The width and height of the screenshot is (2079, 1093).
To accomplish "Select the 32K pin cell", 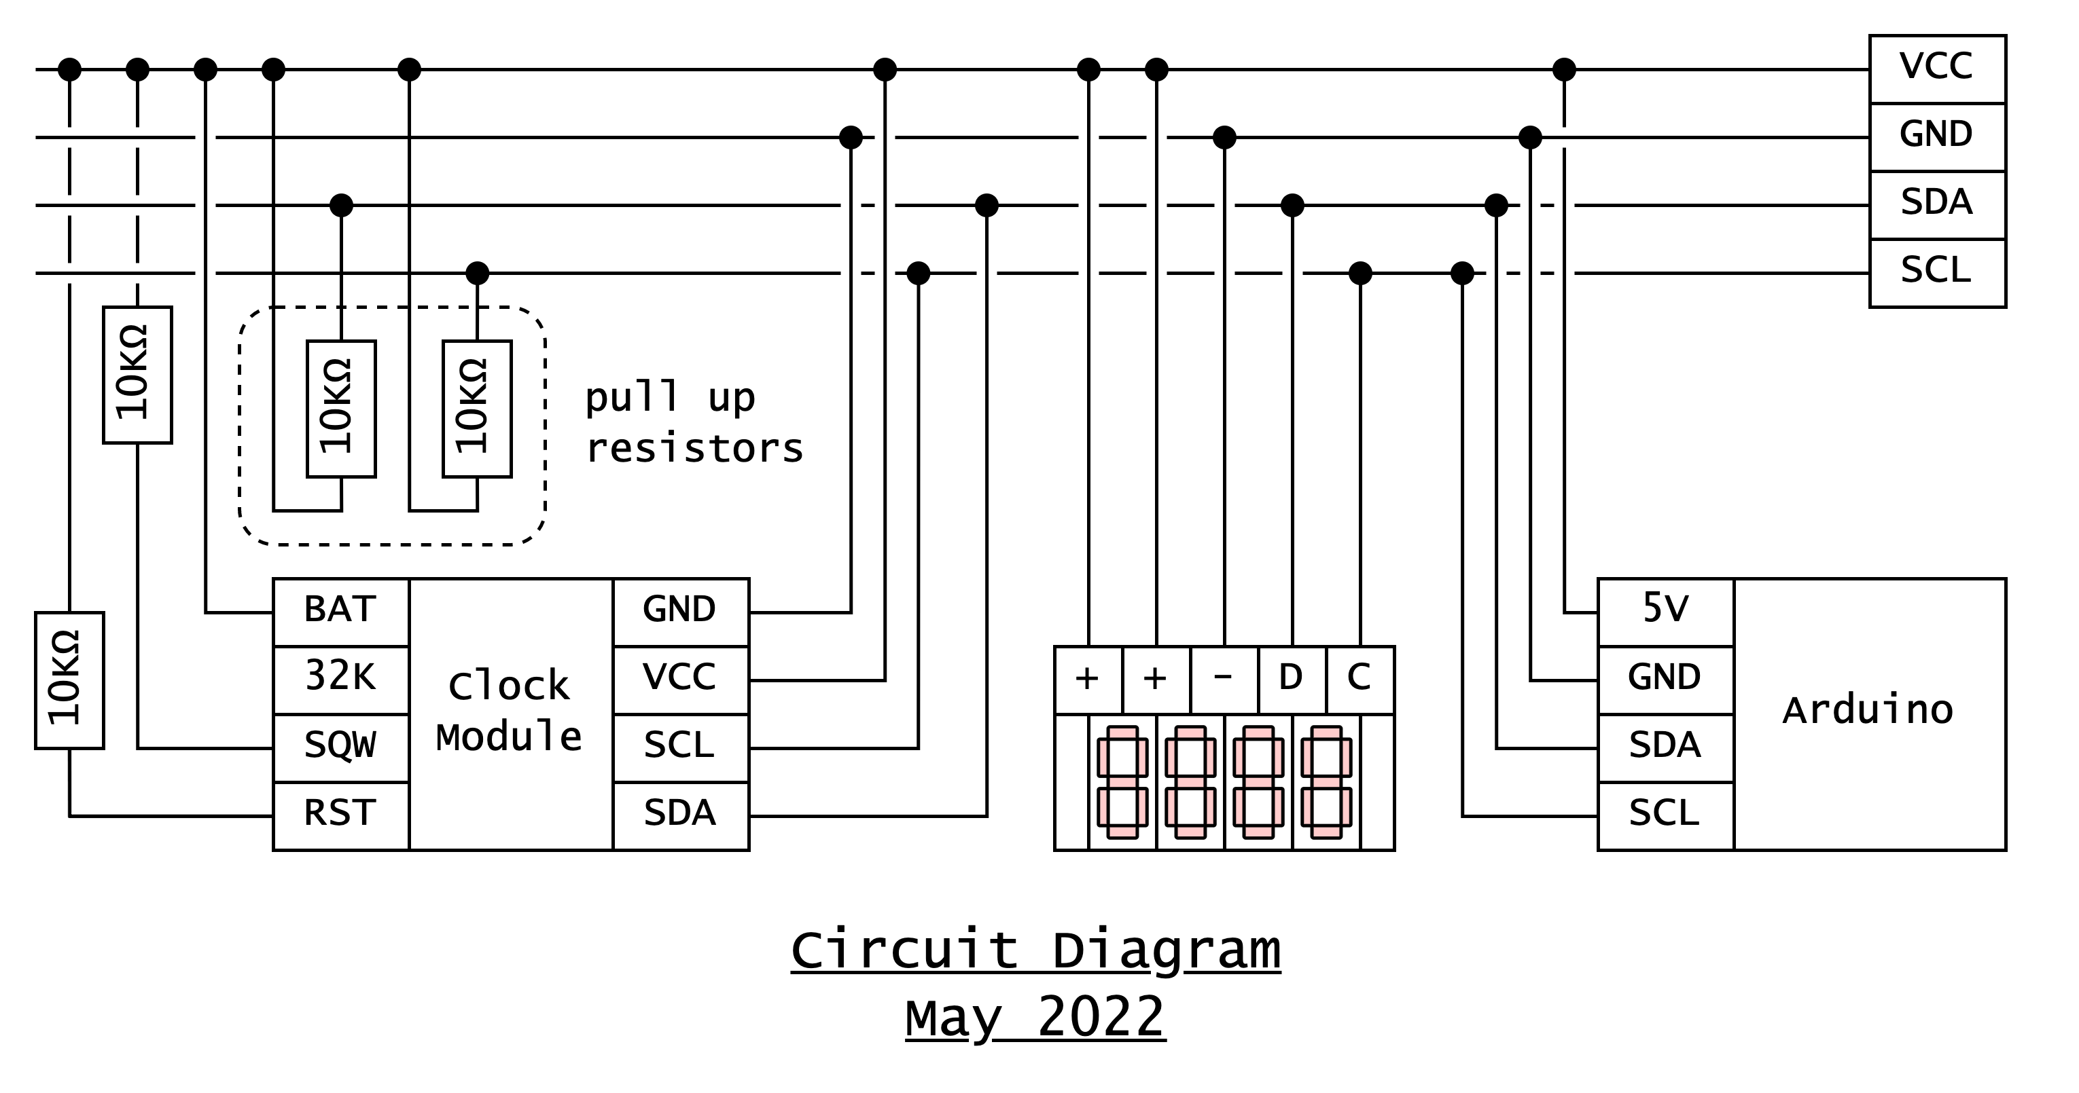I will (340, 679).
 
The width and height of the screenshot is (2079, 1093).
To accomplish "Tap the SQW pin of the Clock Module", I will (340, 747).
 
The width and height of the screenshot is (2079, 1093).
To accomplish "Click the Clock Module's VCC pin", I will (679, 679).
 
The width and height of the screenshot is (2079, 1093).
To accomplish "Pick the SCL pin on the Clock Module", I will (679, 747).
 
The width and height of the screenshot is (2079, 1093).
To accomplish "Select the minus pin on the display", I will (1224, 679).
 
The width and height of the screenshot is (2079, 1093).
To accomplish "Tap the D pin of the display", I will (1292, 679).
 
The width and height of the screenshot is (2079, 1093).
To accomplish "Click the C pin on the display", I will (1359, 679).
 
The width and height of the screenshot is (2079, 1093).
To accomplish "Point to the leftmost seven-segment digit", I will (1122, 781).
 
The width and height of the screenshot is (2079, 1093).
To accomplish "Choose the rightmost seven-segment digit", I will (1326, 781).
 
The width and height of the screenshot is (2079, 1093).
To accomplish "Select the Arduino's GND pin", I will (1665, 679).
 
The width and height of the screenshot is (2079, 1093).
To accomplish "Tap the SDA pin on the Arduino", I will (1665, 747).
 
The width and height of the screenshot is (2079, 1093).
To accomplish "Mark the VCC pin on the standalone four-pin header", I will (1937, 69).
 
